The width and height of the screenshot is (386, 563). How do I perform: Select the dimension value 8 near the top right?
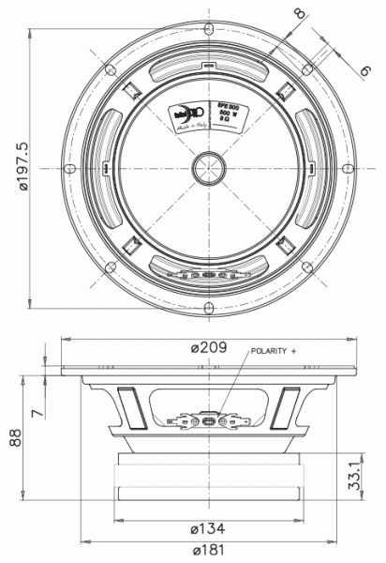pos(299,14)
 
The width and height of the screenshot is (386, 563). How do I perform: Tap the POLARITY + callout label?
pos(272,351)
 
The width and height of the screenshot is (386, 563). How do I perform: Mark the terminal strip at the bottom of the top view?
pos(207,276)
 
